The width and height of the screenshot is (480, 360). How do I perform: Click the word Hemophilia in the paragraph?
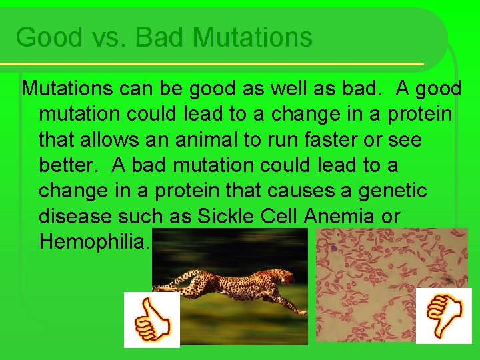coord(95,241)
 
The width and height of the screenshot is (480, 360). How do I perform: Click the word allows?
coord(123,140)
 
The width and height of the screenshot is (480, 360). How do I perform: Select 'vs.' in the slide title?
coord(107,37)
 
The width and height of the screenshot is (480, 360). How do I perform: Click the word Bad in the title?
coord(161,37)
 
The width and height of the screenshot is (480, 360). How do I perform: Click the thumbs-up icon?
coord(152,320)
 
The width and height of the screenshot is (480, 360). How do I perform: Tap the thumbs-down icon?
coord(443,315)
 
